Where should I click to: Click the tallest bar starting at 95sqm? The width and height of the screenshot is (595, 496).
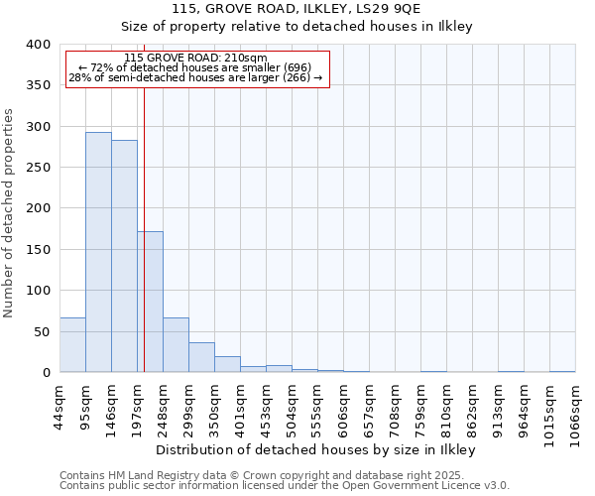(x=98, y=252)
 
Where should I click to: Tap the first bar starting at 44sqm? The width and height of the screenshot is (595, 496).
(x=72, y=344)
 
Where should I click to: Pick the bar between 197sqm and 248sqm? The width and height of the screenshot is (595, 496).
(x=151, y=302)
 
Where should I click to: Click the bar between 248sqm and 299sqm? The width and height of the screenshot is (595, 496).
(x=176, y=344)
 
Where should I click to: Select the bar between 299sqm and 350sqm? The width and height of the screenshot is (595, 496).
(x=201, y=357)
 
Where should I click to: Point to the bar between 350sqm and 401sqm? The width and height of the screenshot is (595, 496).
(x=227, y=364)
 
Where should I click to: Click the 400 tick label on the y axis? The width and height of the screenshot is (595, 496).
(x=38, y=45)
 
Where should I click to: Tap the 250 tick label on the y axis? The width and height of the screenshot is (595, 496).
(x=38, y=168)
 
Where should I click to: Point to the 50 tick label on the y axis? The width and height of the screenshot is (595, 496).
(x=42, y=331)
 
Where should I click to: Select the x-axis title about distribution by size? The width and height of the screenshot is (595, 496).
(x=316, y=449)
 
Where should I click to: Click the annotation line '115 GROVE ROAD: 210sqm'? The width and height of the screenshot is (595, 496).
(x=195, y=58)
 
